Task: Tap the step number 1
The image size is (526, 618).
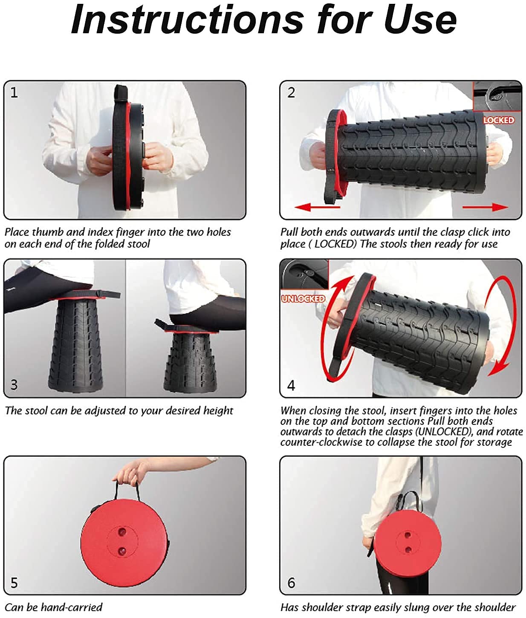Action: (14, 92)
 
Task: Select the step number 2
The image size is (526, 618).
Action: (291, 92)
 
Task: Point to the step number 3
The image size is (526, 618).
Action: (14, 384)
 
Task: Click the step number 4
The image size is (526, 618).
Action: (291, 385)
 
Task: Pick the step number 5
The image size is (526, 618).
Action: (14, 583)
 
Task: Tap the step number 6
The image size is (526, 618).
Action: (291, 583)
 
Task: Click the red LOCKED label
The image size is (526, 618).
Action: (498, 120)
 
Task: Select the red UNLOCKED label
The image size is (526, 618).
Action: (303, 299)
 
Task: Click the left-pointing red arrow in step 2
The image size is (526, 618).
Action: (317, 207)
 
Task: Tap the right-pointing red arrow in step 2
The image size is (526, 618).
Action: (485, 207)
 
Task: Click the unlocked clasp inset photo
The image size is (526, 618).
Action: (304, 274)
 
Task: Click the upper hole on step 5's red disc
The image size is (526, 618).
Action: (122, 531)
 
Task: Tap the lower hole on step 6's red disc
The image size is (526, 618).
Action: (408, 549)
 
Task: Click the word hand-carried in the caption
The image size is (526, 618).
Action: (72, 607)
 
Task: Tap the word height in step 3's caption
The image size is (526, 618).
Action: (218, 411)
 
